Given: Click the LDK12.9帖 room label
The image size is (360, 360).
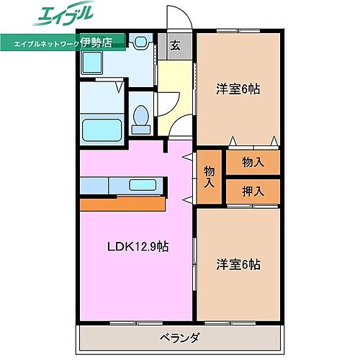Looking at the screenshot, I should click(x=139, y=246).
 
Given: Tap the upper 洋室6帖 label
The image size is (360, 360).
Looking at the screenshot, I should click(x=238, y=89).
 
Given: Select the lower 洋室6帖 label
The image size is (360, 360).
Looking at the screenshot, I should click(x=238, y=264).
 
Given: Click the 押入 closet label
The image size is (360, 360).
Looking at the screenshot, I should click(x=252, y=191).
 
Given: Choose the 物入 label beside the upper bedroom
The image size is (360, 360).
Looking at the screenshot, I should click(x=252, y=162).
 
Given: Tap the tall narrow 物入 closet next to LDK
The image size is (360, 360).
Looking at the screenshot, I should click(x=210, y=176).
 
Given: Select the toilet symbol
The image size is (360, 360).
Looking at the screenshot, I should click(x=142, y=118).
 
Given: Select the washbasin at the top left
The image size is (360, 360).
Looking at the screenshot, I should click(x=93, y=64).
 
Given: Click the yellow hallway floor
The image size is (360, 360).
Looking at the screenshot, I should click(x=175, y=94).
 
